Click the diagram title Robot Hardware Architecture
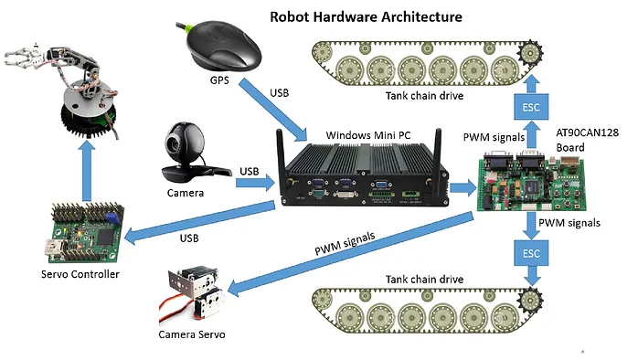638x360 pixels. point(365,16)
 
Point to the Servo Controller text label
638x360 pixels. point(82,274)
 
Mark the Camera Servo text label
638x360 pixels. point(191,335)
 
